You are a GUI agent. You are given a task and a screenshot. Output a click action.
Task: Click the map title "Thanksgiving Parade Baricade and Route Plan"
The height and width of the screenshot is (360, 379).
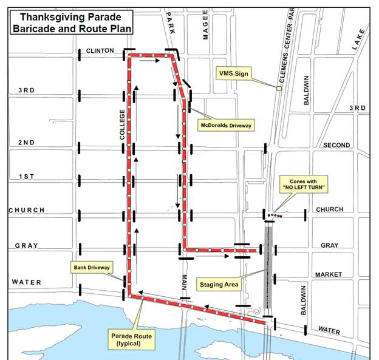(x=71, y=23)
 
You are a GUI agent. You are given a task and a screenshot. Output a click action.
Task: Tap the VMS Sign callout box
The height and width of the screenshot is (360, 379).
(x=234, y=73)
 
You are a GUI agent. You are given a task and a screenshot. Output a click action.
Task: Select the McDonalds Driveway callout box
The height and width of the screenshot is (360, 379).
(x=226, y=126)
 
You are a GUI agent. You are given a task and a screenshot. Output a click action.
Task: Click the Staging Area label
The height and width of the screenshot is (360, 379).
(x=219, y=284)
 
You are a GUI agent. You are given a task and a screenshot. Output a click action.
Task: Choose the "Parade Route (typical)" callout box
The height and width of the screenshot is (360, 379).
(x=129, y=339)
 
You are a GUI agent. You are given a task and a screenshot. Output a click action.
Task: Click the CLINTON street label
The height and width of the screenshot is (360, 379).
(x=100, y=51)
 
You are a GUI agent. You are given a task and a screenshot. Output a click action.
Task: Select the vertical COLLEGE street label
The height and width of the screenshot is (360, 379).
(x=122, y=125)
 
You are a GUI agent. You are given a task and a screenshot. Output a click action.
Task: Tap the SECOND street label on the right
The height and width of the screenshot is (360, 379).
(x=336, y=146)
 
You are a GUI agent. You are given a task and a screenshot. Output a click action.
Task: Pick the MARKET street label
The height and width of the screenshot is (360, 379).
(x=329, y=275)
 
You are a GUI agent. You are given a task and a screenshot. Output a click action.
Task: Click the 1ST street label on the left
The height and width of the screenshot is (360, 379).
(x=27, y=177)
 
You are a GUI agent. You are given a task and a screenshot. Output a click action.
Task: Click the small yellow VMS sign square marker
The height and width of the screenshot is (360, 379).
(x=279, y=89)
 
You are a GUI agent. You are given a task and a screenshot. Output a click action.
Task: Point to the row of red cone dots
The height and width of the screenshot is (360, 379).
(x=276, y=215)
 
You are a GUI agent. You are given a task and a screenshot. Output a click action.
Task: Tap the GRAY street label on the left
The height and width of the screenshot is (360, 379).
(x=26, y=246)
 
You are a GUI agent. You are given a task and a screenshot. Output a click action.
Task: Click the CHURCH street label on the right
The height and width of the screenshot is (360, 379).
(x=329, y=209)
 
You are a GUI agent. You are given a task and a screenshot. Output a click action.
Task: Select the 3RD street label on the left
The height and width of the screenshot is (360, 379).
(x=27, y=90)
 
